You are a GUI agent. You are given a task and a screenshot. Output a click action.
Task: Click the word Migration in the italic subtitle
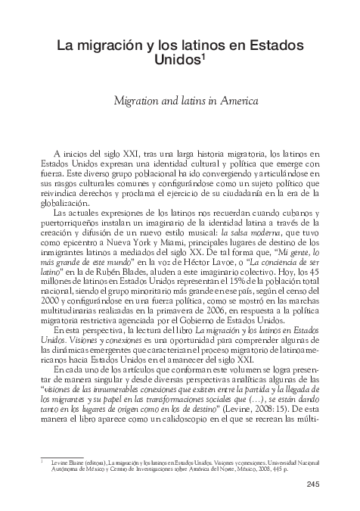[x=138, y=99]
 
